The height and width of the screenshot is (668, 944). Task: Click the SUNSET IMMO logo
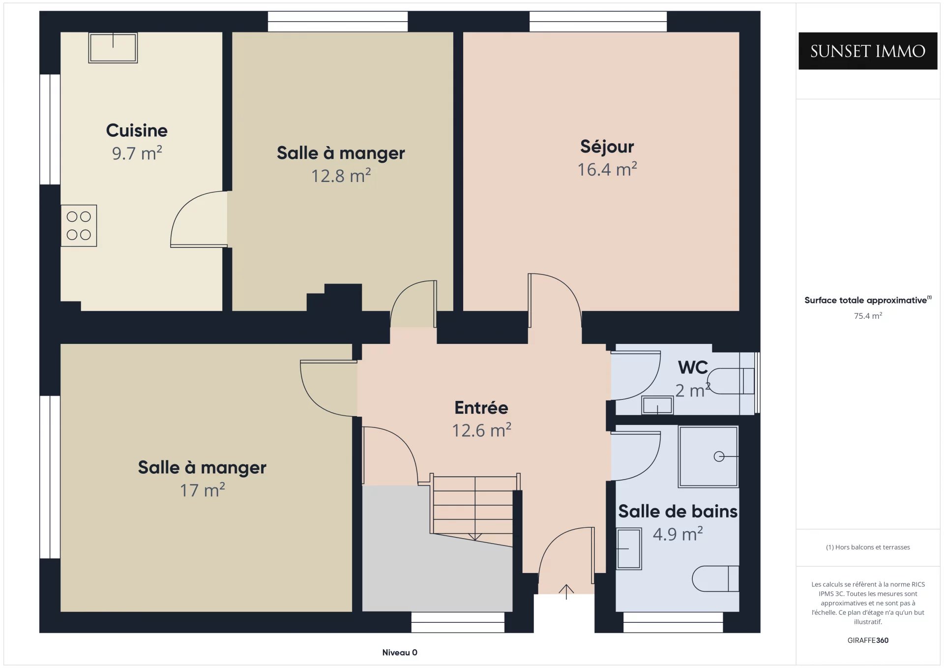click(868, 51)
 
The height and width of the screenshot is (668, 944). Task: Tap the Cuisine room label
click(137, 130)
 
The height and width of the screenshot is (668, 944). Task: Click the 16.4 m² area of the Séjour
click(607, 169)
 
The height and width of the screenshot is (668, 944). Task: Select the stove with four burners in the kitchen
click(79, 226)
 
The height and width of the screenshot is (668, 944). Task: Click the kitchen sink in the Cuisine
click(113, 48)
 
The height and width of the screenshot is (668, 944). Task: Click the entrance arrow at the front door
click(566, 592)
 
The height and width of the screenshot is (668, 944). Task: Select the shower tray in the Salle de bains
click(708, 456)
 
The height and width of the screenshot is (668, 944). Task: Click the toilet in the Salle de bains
click(715, 578)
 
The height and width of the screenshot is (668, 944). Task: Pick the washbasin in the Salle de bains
click(629, 548)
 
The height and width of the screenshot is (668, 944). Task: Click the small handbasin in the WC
click(657, 405)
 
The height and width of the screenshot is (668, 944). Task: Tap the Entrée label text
click(481, 408)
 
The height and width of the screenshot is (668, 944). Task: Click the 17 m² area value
click(202, 490)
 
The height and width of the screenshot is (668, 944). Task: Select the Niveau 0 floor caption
click(400, 652)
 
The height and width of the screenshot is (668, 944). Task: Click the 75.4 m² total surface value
click(868, 316)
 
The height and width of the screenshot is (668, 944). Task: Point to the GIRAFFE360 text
click(868, 640)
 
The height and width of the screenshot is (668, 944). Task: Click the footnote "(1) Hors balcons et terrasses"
click(868, 547)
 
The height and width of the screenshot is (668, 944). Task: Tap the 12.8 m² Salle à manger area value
click(341, 176)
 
